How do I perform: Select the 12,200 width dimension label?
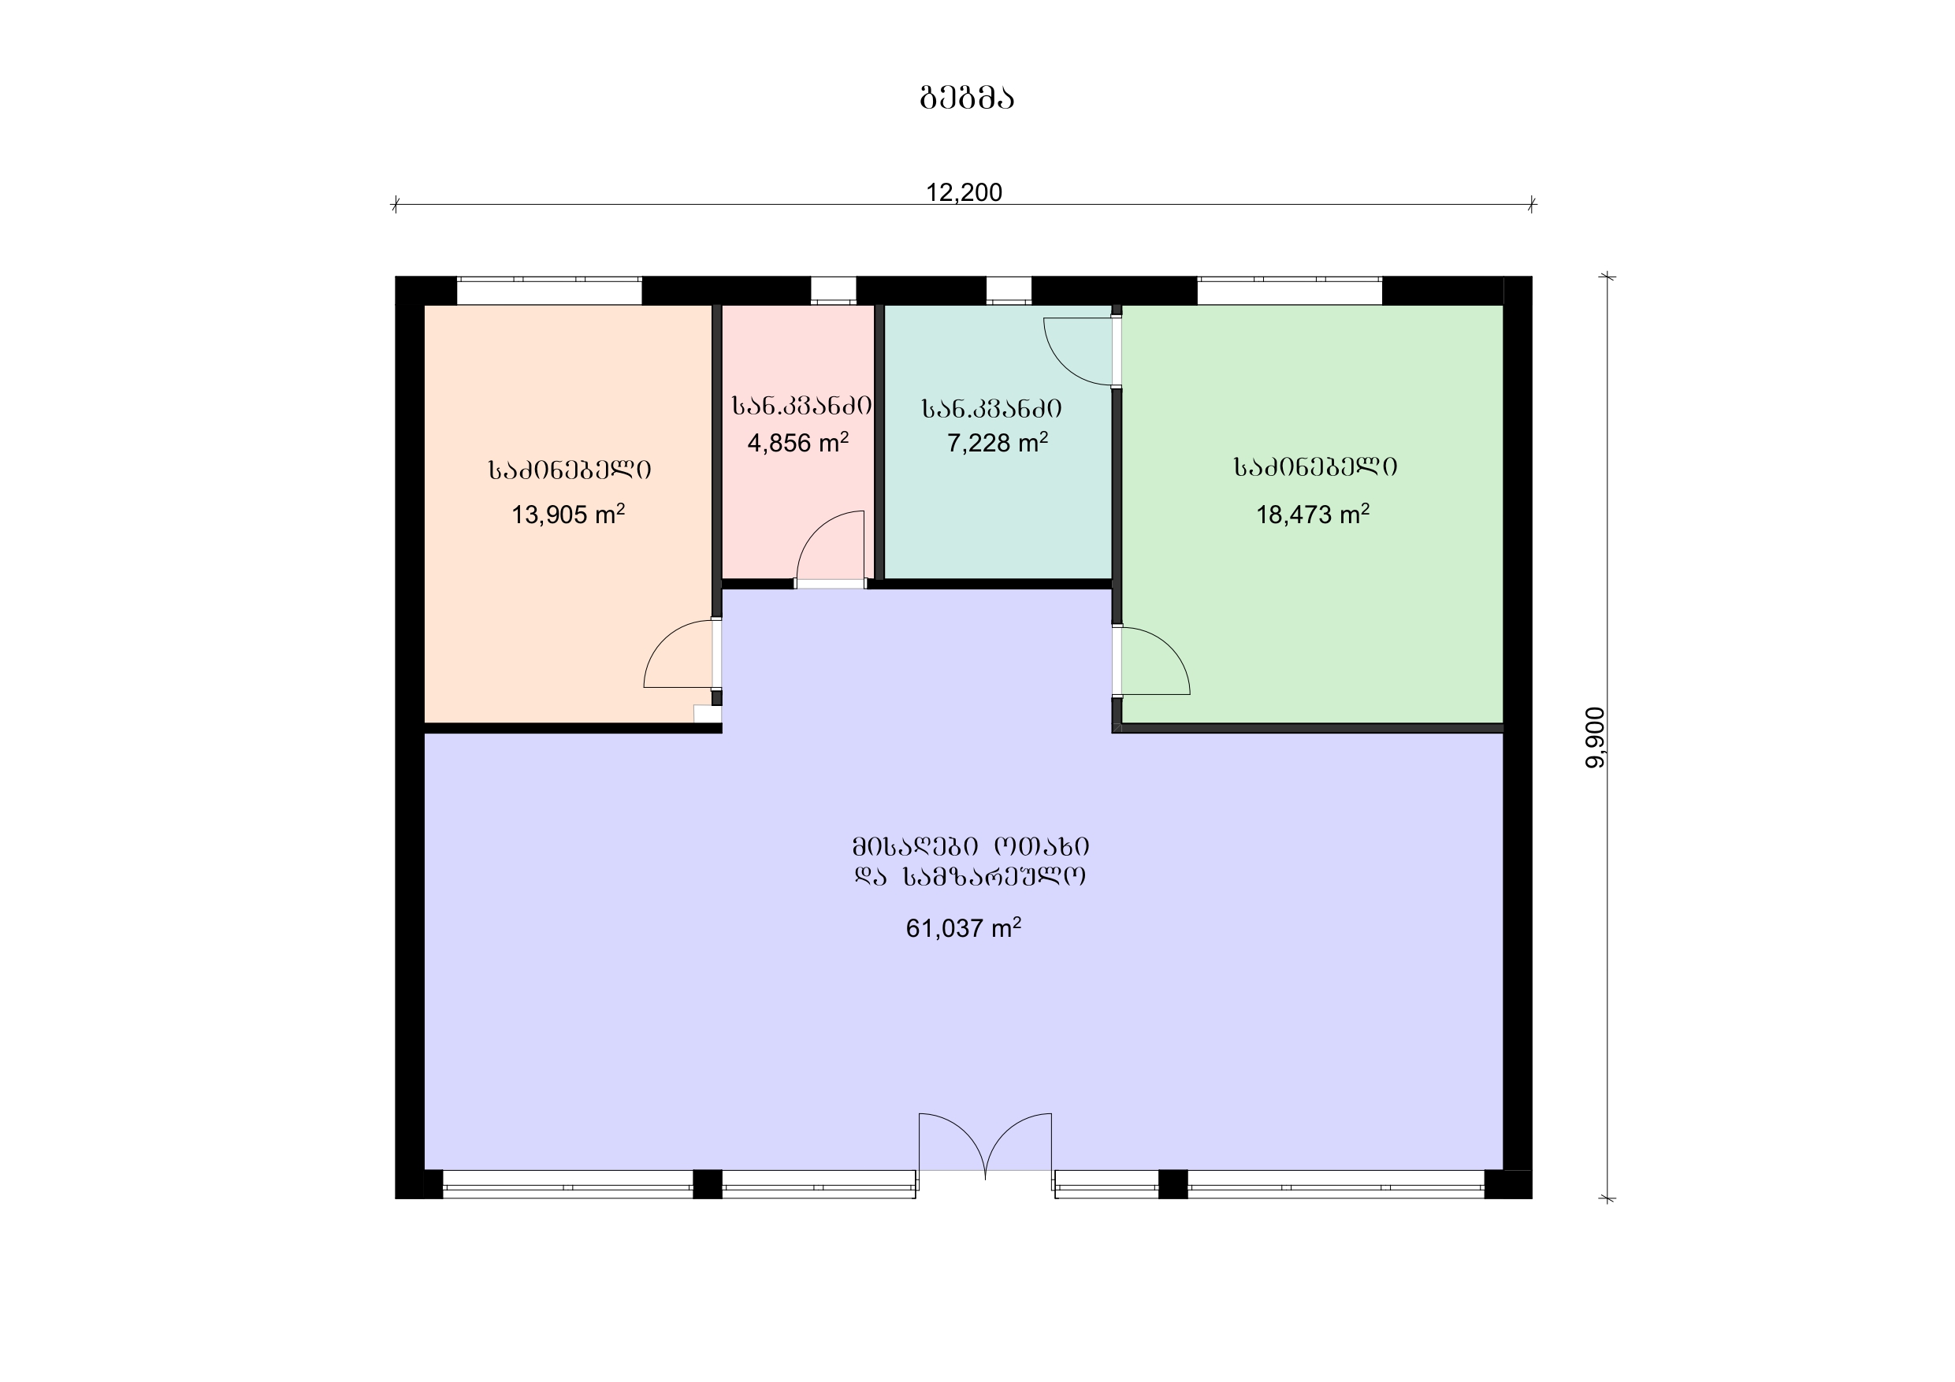[x=964, y=192]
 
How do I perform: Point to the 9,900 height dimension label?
[x=1595, y=737]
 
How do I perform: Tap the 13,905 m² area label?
[x=568, y=514]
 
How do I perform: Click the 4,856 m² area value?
[x=797, y=442]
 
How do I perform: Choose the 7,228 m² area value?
[x=997, y=442]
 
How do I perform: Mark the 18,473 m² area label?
[x=1313, y=514]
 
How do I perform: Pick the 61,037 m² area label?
[x=963, y=927]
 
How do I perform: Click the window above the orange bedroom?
[x=549, y=291]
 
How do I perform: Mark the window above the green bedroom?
[x=1289, y=291]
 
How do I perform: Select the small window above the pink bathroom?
[x=833, y=291]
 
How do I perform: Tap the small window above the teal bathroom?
[x=1009, y=291]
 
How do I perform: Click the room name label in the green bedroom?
[x=1315, y=466]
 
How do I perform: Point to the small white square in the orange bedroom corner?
[x=707, y=714]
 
